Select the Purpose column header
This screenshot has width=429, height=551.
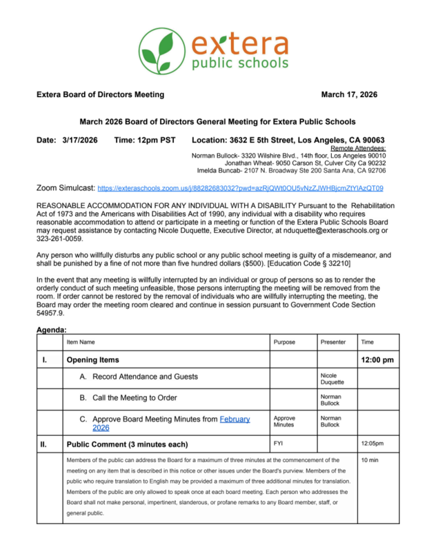click(x=284, y=342)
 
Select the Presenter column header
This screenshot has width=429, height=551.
click(x=333, y=342)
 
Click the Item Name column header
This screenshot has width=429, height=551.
click(x=81, y=342)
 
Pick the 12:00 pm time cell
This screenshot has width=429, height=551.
click(x=377, y=360)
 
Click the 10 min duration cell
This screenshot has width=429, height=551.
click(x=370, y=459)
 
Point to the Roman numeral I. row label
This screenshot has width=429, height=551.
click(x=45, y=360)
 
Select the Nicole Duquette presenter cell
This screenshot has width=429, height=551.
click(x=332, y=379)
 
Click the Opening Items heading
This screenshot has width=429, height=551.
click(x=92, y=360)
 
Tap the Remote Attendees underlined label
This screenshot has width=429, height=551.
click(x=358, y=148)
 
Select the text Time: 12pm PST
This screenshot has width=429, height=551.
click(x=144, y=141)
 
